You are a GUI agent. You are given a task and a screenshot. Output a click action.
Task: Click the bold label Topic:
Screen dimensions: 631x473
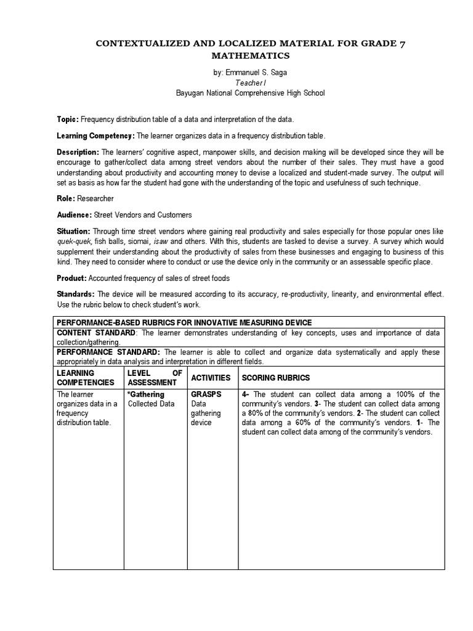(67, 120)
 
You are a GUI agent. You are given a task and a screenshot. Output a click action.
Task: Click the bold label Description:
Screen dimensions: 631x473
(78, 152)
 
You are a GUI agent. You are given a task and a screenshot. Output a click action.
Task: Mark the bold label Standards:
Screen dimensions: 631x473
(76, 295)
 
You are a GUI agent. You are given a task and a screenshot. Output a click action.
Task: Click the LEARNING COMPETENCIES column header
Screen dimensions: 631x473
(85, 377)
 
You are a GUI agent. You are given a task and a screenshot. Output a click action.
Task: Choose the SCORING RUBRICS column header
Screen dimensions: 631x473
(276, 377)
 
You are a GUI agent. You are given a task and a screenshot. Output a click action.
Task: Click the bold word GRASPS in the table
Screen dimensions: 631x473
(206, 394)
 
